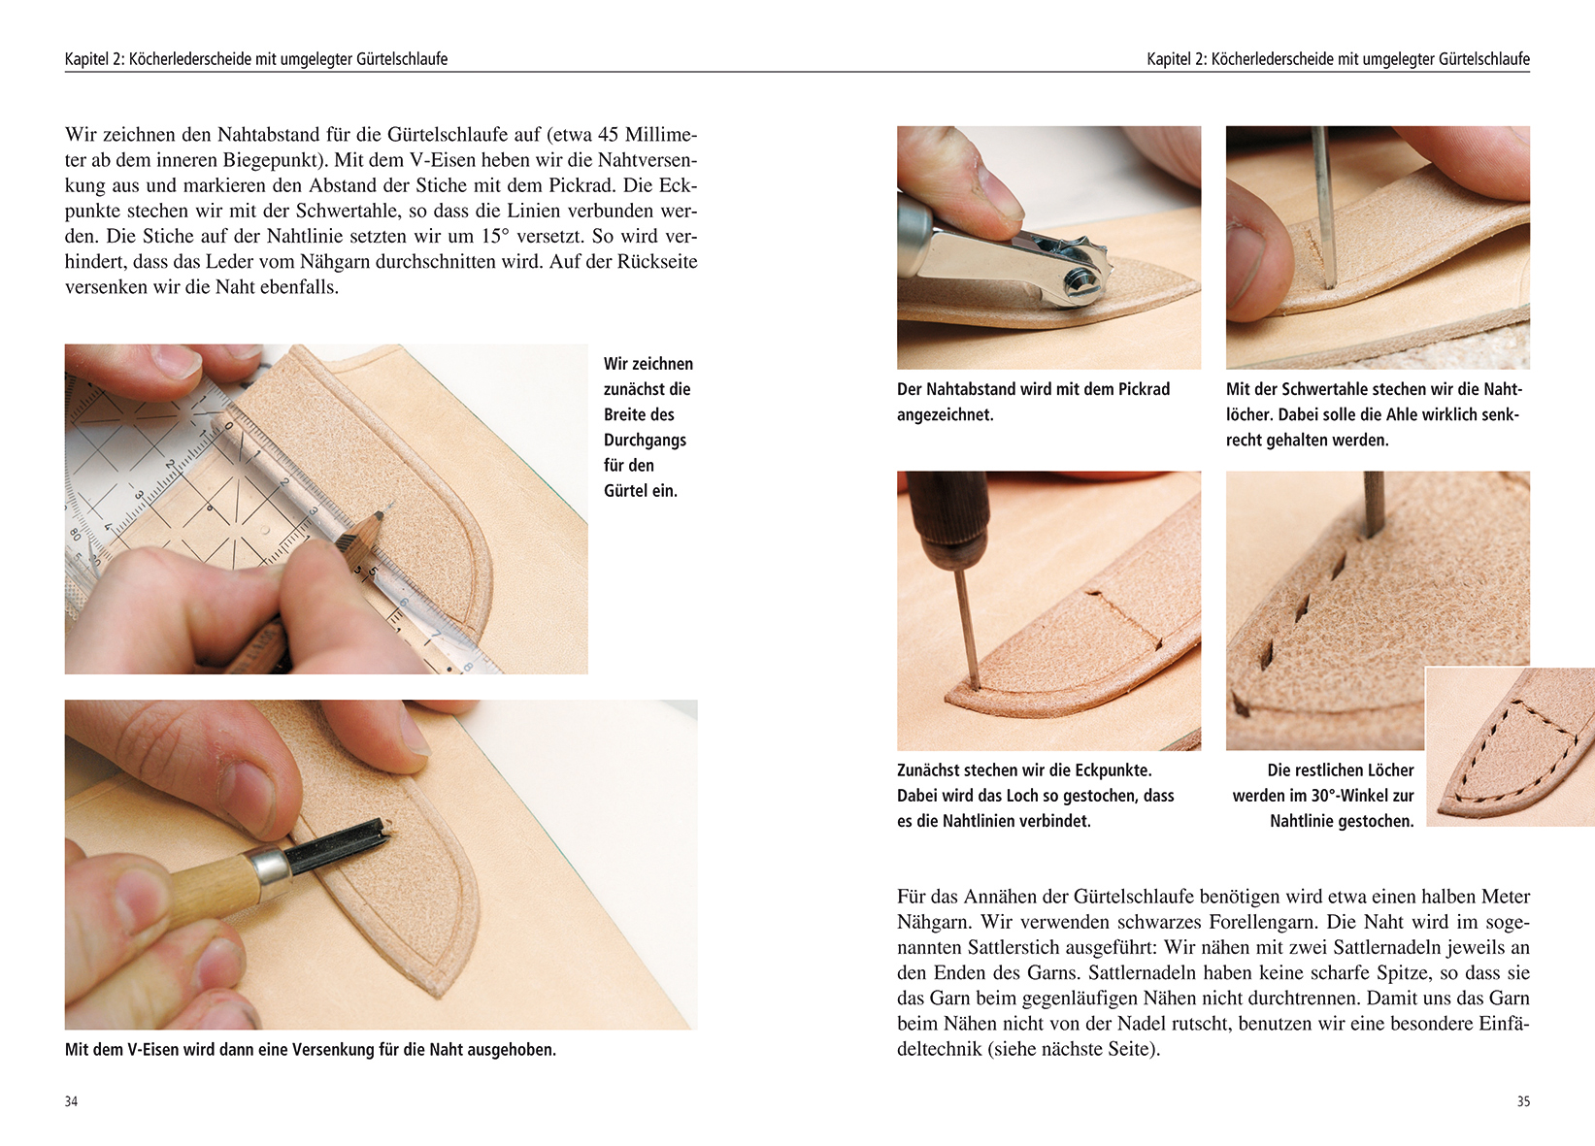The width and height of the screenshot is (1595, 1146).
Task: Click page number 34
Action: pyautogui.click(x=71, y=1101)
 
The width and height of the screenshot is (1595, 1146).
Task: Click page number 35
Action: pyautogui.click(x=1523, y=1101)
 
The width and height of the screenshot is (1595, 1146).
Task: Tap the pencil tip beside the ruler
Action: pyautogui.click(x=387, y=506)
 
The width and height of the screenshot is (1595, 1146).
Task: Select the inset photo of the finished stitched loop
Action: pyautogui.click(x=1511, y=746)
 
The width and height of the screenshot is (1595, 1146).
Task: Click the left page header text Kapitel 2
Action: pyautogui.click(x=94, y=59)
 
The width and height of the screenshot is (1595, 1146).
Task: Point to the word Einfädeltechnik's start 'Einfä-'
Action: pyautogui.click(x=1504, y=1023)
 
